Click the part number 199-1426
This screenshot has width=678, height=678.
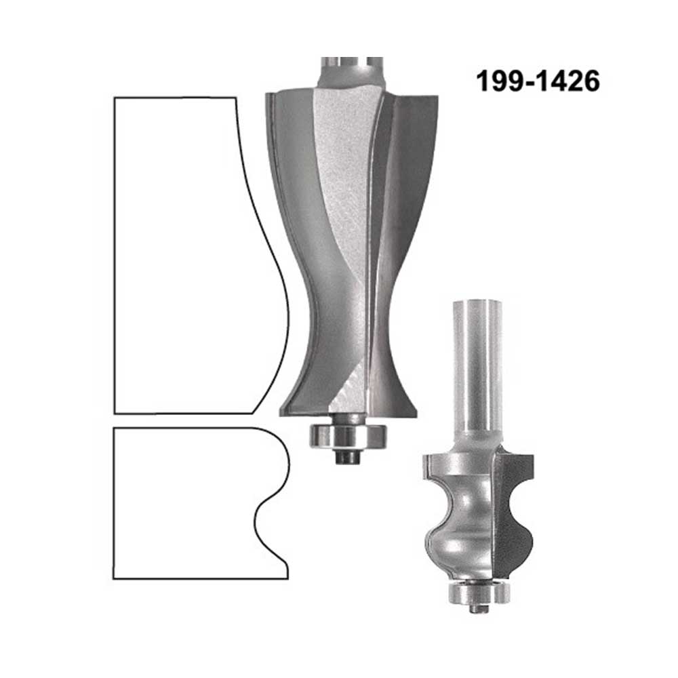(538, 81)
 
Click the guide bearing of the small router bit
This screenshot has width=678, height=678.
(479, 591)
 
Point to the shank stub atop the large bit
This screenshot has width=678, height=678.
(351, 73)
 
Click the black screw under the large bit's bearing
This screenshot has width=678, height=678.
(348, 458)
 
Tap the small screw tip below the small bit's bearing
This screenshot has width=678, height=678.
(479, 608)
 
